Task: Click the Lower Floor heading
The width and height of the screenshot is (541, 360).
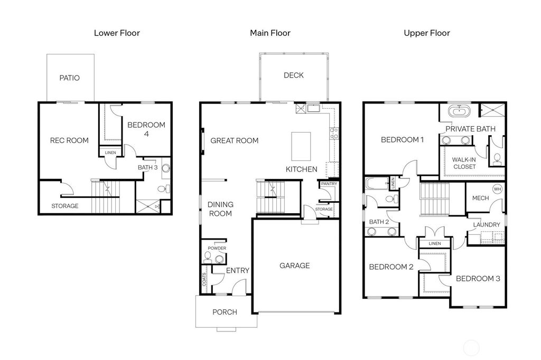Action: [x=117, y=33]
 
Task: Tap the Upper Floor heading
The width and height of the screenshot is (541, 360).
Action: [x=427, y=33]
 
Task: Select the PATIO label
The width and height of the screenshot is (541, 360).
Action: [x=69, y=78]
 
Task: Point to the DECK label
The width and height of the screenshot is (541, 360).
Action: [x=294, y=75]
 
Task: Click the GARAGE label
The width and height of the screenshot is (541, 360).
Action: [x=295, y=266]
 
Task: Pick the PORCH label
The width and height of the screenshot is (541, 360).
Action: [x=225, y=312]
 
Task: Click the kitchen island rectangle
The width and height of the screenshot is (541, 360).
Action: [x=301, y=146]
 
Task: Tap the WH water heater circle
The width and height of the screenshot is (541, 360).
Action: [x=497, y=189]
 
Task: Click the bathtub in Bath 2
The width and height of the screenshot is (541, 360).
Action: [x=377, y=184]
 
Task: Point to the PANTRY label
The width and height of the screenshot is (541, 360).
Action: [x=329, y=184]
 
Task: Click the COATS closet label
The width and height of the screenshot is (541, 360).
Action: [x=204, y=279]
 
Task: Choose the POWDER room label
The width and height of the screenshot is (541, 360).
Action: [x=217, y=248]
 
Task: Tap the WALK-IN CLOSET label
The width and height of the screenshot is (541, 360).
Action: [x=464, y=163]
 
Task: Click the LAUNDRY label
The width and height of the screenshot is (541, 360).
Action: [x=487, y=225]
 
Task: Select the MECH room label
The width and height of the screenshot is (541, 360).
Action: [x=480, y=198]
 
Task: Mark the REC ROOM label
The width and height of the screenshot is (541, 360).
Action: [x=69, y=140]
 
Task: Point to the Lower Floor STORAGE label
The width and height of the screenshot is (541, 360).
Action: [x=65, y=206]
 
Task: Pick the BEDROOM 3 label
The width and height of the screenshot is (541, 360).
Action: [x=478, y=279]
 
